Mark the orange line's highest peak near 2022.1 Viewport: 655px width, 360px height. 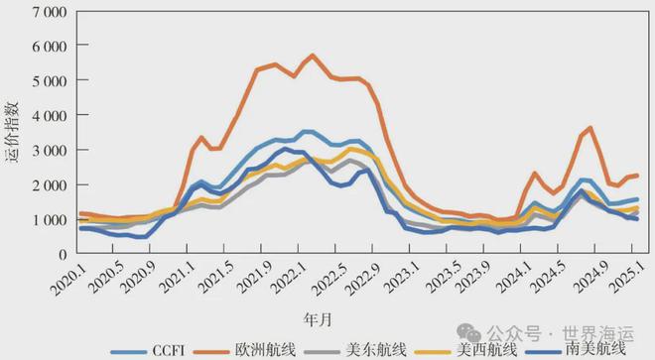pyautogui.click(x=313, y=56)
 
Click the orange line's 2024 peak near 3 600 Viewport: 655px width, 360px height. pyautogui.click(x=591, y=128)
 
